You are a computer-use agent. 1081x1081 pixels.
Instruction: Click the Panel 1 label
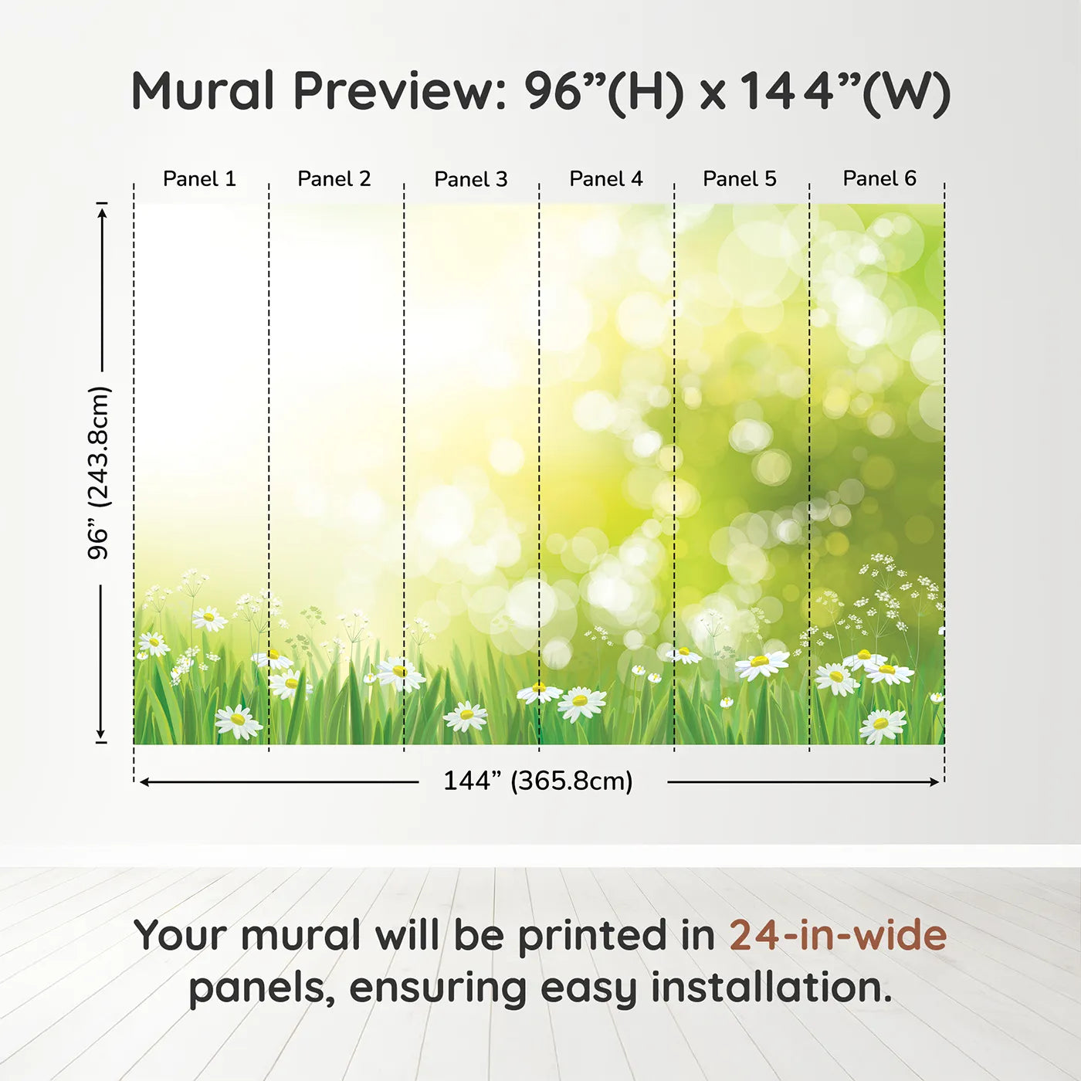[199, 179]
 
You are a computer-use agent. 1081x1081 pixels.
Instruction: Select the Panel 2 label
[334, 179]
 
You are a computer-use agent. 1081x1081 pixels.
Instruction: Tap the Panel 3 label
[471, 179]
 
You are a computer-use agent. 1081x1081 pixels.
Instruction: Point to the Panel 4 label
[606, 179]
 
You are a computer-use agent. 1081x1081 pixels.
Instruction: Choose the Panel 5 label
[740, 179]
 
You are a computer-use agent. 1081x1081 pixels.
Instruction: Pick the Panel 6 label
[879, 179]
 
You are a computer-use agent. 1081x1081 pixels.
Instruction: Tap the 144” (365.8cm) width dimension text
[538, 781]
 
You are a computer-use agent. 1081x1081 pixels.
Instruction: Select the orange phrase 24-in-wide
[838, 936]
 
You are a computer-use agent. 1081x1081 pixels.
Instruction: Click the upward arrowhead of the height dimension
[101, 211]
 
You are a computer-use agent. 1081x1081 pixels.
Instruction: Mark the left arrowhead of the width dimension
[144, 782]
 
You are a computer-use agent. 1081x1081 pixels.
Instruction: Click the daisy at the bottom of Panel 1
[238, 721]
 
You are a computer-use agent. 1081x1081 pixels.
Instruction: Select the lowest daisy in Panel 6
[883, 725]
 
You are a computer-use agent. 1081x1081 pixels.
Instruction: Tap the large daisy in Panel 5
[761, 663]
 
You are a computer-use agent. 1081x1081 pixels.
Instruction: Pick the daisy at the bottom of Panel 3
[466, 716]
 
